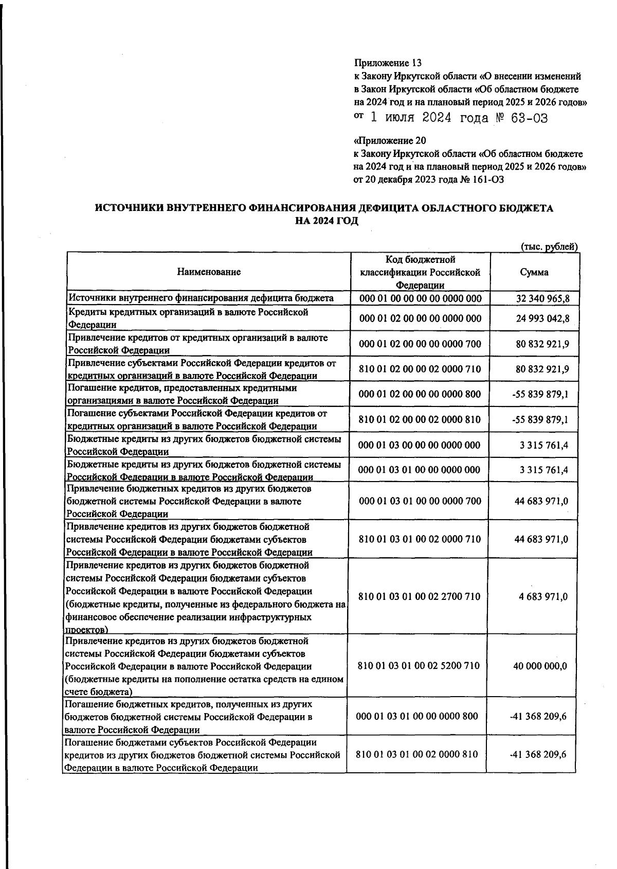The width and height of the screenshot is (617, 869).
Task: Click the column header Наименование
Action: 209,272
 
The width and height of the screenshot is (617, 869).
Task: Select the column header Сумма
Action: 534,272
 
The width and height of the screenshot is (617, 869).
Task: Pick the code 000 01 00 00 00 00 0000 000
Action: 421,298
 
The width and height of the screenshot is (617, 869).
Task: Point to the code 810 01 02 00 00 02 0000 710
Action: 420,369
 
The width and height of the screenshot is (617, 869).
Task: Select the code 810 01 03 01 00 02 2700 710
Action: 419,596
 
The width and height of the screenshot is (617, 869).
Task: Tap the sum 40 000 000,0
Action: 540,666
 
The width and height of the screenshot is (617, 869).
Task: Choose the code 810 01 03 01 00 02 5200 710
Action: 419,666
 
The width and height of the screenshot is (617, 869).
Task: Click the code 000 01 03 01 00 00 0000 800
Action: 417,716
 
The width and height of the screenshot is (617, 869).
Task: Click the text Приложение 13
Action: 388,63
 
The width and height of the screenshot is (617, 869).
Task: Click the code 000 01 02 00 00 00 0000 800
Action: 420,394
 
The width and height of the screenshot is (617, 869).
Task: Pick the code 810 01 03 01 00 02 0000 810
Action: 417,754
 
